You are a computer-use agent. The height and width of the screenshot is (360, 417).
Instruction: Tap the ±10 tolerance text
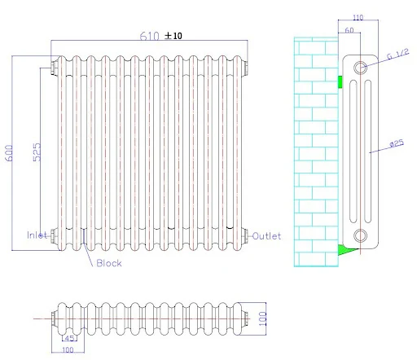pos(174,36)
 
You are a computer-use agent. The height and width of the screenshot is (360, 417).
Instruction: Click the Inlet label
pos(37,236)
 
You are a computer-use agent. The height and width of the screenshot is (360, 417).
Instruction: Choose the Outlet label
pos(266,236)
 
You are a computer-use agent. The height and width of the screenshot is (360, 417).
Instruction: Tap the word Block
pos(109,263)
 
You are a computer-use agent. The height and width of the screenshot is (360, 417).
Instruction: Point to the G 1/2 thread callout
pos(397,55)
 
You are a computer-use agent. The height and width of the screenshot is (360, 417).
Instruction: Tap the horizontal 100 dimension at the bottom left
pos(68,350)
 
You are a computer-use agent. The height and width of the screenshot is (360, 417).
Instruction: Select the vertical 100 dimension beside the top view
pos(263,318)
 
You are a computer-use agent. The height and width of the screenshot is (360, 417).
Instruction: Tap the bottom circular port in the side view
pos(362,236)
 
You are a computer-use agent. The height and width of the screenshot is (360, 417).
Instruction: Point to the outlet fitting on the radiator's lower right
pos(247,236)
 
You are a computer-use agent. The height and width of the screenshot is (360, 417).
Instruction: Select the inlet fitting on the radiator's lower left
pos(54,236)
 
